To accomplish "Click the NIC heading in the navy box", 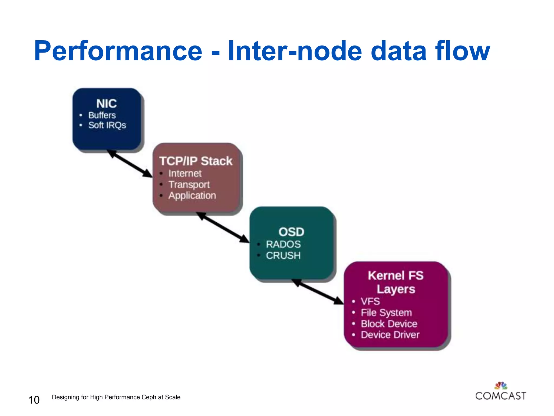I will pos(107,103).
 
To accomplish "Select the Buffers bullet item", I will pos(102,115).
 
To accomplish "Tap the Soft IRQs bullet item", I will pos(107,125).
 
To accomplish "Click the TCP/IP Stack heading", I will pos(196,161).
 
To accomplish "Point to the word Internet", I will pos(185,173).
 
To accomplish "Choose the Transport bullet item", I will pos(189,184).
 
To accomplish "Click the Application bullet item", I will pos(192,196).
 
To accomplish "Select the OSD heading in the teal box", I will pos(291,232).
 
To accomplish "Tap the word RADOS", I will pos(283,244).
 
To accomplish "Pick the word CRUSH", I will pos(283,255).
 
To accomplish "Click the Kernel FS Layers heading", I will pos(395,282).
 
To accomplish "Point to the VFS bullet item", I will pos(370,301).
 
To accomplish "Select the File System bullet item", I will pos(386,313).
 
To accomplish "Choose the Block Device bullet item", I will pos(389,324).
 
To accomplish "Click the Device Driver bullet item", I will pos(390,335).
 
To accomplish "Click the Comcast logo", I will pos(501,392).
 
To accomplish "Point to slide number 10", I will pos(34,400).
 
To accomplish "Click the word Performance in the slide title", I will pos(118,51).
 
